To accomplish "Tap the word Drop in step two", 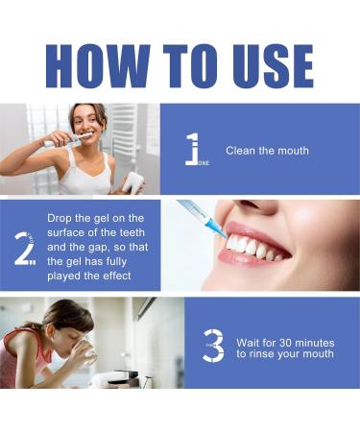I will point(61,218).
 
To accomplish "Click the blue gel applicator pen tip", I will point(213,228).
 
